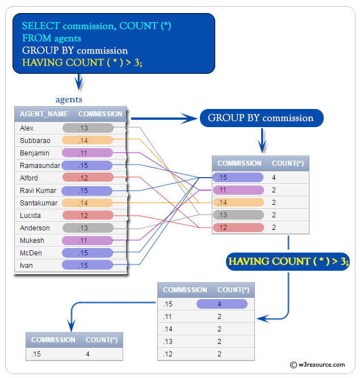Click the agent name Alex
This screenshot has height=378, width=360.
pyautogui.click(x=27, y=128)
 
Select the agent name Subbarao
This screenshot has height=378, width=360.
pyautogui.click(x=35, y=141)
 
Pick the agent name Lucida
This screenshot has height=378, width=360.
pyautogui.click(x=30, y=216)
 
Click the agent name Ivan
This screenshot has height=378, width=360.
pyautogui.click(x=26, y=266)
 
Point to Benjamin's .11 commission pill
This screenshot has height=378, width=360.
pyautogui.click(x=87, y=153)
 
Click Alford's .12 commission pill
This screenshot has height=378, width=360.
pyautogui.click(x=87, y=178)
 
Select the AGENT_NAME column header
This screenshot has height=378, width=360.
pyautogui.click(x=44, y=114)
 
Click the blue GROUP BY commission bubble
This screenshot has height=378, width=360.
pyautogui.click(x=261, y=118)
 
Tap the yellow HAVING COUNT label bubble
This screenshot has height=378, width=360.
pyautogui.click(x=288, y=262)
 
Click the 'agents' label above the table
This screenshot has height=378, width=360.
pyautogui.click(x=69, y=99)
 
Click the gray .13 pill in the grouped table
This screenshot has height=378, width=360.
pyautogui.click(x=238, y=215)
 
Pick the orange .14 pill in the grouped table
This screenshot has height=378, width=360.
pyautogui.click(x=238, y=203)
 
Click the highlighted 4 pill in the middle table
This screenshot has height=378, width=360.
pyautogui.click(x=222, y=304)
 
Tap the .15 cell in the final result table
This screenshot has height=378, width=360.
pyautogui.click(x=37, y=354)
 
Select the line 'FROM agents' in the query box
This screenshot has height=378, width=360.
pyautogui.click(x=51, y=39)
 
